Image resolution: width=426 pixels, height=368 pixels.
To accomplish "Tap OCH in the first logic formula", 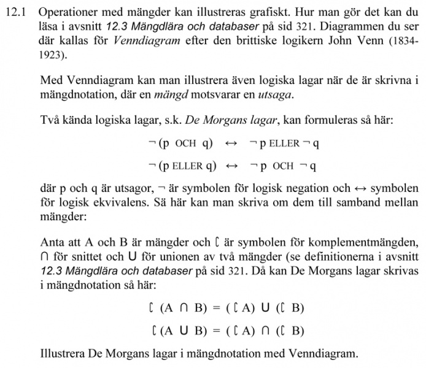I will [185, 144].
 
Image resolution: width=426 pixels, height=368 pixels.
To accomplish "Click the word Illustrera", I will [64, 355].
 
